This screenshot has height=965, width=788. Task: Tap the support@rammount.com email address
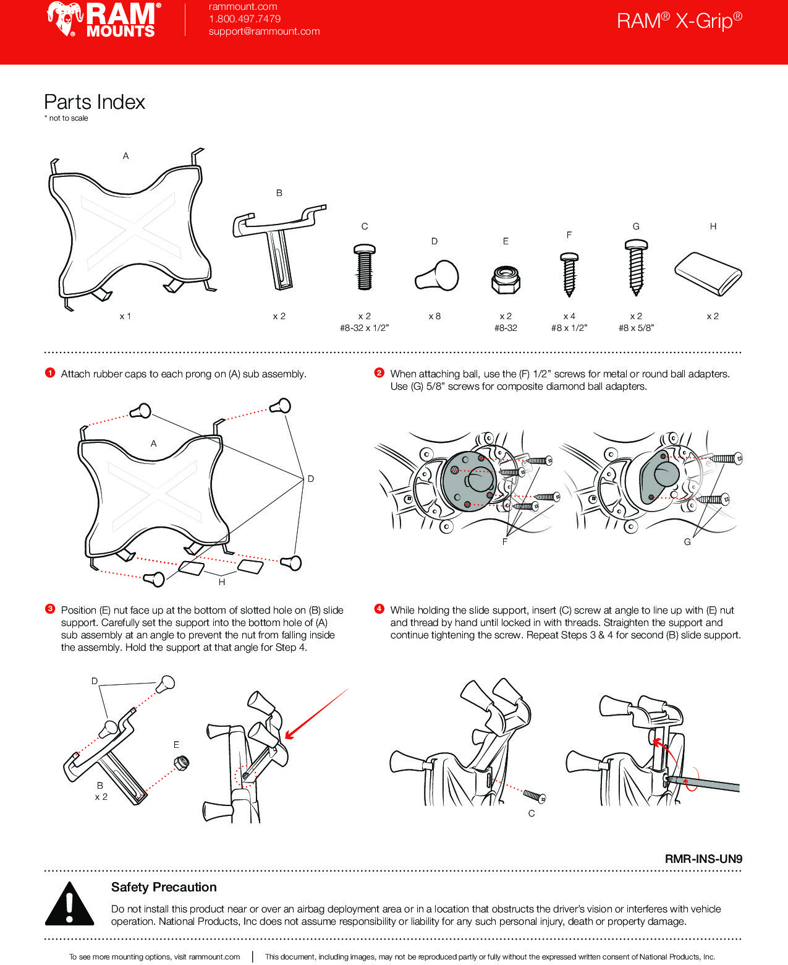(264, 32)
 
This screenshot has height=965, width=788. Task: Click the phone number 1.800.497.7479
(244, 19)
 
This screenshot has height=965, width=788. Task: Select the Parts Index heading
(95, 102)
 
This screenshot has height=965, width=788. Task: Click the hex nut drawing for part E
(506, 280)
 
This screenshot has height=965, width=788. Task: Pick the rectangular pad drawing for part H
(708, 273)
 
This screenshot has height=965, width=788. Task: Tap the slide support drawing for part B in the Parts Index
(278, 244)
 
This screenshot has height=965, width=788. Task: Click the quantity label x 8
(434, 316)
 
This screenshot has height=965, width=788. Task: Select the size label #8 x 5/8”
(636, 328)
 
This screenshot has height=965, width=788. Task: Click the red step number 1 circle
(50, 373)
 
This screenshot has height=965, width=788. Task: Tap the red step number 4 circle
(379, 609)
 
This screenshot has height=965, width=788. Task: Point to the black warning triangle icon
(70, 904)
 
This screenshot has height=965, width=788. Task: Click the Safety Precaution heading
(164, 887)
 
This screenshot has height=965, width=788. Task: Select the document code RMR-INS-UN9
(703, 859)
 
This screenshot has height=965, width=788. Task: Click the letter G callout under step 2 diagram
(687, 542)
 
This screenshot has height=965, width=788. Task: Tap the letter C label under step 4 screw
(532, 813)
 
